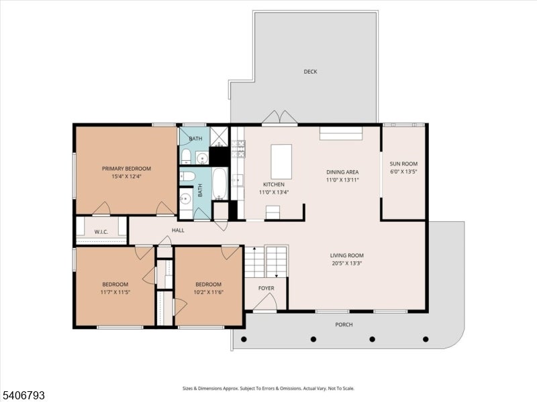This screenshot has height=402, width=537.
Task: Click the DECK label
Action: [310, 72]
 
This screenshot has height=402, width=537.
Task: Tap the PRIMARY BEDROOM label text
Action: [126, 169]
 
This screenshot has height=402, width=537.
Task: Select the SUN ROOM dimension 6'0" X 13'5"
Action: [403, 172]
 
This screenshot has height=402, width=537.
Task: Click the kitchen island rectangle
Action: [281, 161]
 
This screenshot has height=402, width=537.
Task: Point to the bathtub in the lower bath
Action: [219, 184]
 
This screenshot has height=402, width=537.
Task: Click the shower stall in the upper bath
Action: [219, 136]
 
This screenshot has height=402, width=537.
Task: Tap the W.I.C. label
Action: [101, 232]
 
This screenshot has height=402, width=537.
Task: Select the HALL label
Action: [178, 230]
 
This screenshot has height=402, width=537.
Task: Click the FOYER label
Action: [266, 288]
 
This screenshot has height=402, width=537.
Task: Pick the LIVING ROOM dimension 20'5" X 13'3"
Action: [347, 263]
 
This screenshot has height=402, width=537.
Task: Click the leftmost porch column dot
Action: [244, 339]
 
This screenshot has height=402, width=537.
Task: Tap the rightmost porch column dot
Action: [426, 339]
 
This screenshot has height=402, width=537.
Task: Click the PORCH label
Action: [344, 324]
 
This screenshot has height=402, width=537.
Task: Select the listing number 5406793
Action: [23, 395]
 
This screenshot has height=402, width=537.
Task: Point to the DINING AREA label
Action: [342, 172]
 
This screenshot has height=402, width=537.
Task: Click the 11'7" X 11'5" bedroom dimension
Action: [115, 292]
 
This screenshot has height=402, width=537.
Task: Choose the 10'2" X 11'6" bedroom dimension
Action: [208, 292]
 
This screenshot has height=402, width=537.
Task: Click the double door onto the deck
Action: [280, 117]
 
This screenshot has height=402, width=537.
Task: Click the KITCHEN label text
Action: [274, 184]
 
